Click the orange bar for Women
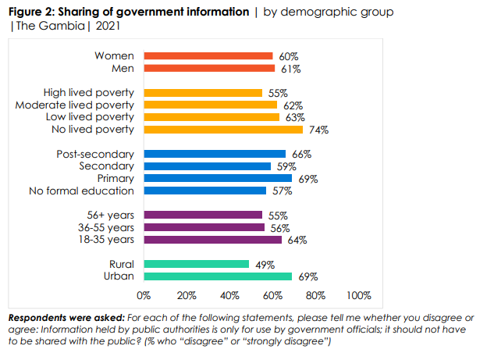coord(208,56)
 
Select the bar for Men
coord(209,69)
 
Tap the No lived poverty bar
coord(222,130)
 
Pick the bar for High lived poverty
coord(202,93)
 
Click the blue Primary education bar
coord(218,179)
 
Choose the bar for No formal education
coord(204,191)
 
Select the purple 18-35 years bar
coord(212,240)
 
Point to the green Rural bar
coord(196,265)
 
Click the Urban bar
coord(218,276)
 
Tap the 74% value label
coord(318,130)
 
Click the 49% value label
coord(264,265)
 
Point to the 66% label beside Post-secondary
coord(300,155)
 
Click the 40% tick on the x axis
coord(229,296)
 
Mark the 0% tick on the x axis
coord(144,296)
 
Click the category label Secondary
coord(106,166)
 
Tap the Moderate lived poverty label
coord(75,105)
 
